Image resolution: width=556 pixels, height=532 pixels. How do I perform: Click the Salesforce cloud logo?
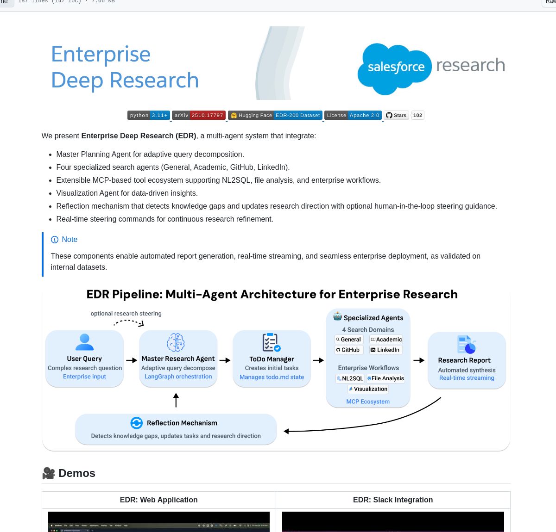(x=394, y=68)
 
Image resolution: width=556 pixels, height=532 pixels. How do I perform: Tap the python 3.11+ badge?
(x=149, y=115)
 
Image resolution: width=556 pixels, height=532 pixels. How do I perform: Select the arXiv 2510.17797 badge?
(x=199, y=115)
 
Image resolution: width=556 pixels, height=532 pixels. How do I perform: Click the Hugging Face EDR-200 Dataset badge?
(x=275, y=115)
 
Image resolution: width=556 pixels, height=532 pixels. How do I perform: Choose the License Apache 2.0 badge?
(x=353, y=115)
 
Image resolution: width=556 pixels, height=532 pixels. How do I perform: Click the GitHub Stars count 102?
(x=417, y=115)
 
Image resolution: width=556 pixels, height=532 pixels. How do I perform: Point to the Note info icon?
(x=55, y=240)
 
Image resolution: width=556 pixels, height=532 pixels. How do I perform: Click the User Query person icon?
(x=84, y=342)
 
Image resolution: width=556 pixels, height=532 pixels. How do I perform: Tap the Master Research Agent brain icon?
(x=176, y=343)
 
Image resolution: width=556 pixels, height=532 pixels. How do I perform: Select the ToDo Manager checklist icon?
(x=271, y=343)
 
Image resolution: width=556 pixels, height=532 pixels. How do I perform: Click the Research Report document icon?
(x=466, y=345)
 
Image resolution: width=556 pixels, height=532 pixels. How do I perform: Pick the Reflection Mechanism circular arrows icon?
(x=136, y=423)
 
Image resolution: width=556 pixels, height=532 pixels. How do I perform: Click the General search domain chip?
(x=348, y=340)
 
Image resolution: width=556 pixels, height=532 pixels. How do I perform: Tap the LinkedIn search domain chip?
(x=385, y=350)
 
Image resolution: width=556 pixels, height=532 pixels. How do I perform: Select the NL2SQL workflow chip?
(x=350, y=378)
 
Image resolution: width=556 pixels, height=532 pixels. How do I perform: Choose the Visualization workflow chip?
(x=368, y=389)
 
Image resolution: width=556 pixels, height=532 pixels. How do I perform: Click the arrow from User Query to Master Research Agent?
(x=132, y=360)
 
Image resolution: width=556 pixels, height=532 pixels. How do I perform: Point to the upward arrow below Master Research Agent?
(x=176, y=400)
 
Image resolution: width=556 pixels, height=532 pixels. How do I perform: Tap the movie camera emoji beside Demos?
(x=49, y=473)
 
